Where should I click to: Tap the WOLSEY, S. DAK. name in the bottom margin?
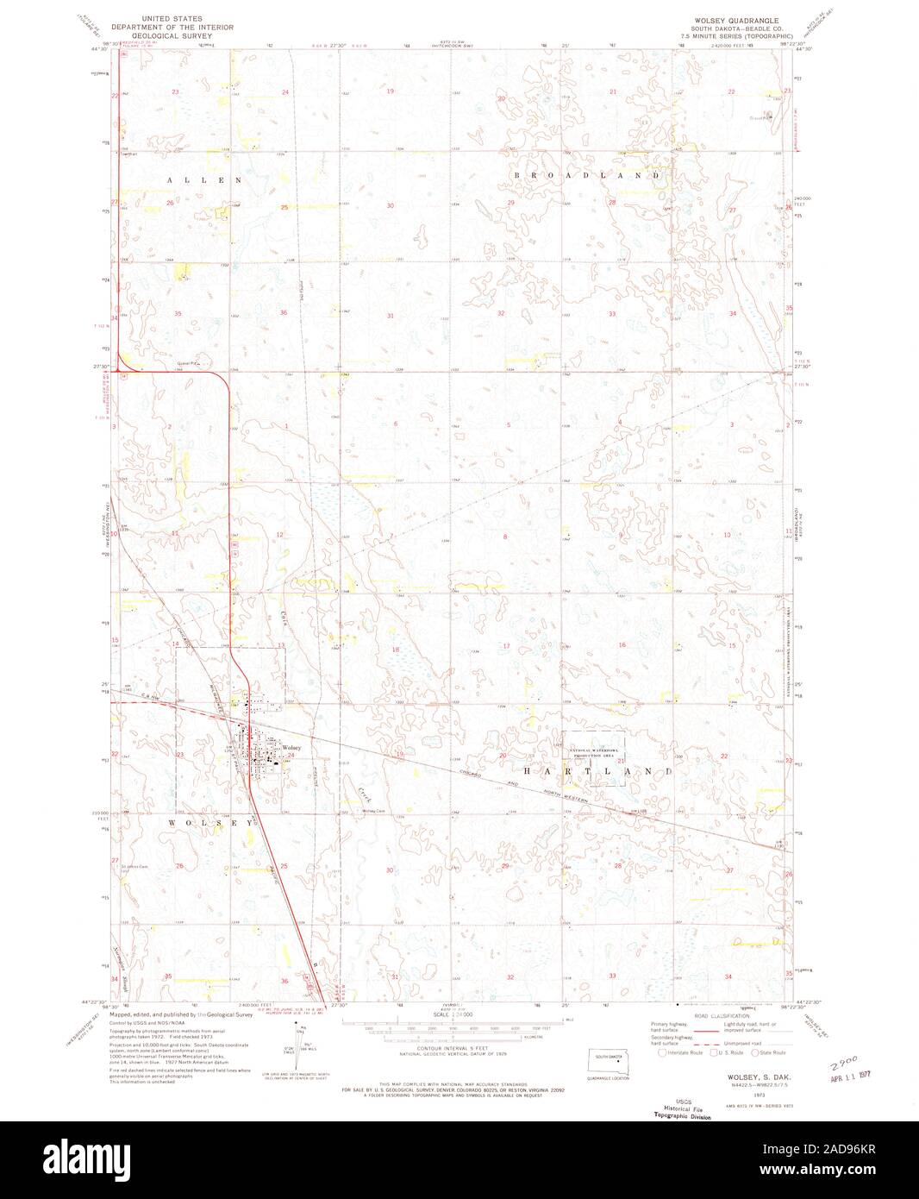click(x=744, y=1078)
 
